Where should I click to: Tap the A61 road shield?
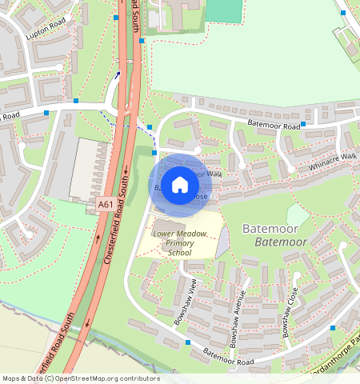(106, 205)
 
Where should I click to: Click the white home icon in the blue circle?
(180, 185)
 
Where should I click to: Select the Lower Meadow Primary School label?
(180, 242)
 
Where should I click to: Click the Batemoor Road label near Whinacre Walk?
(274, 126)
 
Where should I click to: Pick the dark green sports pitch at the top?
(223, 10)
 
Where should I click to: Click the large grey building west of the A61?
(90, 168)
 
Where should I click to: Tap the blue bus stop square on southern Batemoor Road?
(188, 342)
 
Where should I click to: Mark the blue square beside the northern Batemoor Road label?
(303, 125)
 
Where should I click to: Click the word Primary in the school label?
(181, 243)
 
